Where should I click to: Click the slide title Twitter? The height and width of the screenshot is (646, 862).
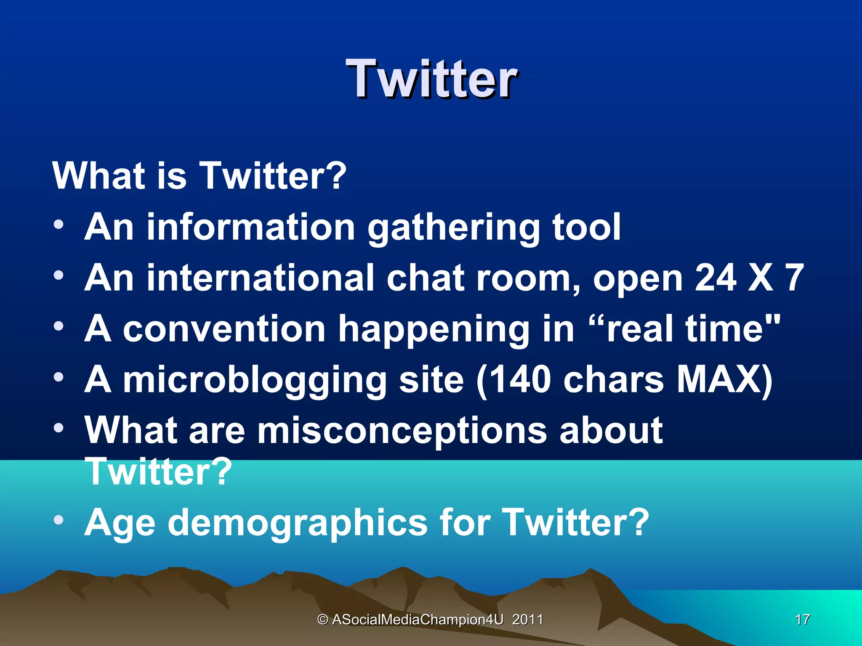431,79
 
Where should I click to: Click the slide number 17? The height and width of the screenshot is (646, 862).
802,620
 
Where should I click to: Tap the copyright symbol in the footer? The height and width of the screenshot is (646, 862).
323,620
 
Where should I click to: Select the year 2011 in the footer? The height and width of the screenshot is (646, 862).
527,620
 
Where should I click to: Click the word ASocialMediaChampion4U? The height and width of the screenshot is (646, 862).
418,620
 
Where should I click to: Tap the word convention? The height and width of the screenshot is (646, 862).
224,329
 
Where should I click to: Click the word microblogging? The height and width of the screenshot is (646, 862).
255,380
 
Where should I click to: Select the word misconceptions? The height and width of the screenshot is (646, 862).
402,431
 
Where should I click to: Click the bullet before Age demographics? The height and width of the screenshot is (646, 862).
59,520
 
